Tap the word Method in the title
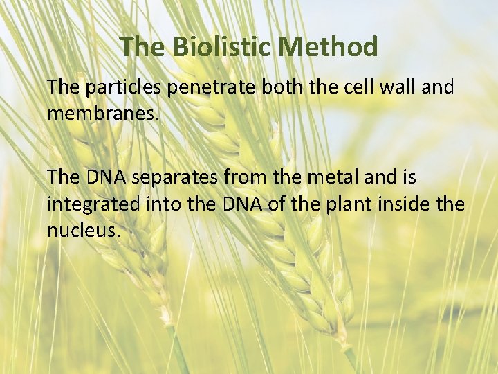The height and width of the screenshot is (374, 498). (x=330, y=47)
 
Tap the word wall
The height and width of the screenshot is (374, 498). (x=389, y=88)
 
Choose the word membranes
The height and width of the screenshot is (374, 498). (x=103, y=112)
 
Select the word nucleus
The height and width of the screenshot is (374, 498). (x=84, y=230)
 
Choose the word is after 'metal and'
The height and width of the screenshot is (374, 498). (x=407, y=178)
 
